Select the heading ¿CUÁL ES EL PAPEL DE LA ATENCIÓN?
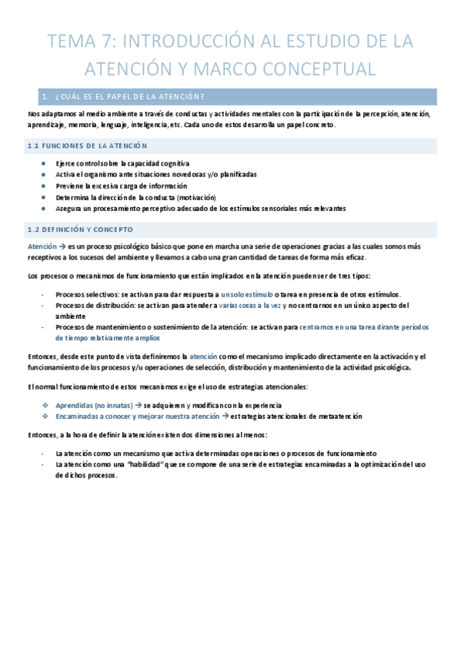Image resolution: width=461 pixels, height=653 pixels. [134, 96]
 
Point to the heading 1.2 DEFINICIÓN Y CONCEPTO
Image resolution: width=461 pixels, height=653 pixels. [80, 229]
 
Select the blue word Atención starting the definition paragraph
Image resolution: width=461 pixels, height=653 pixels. [41, 246]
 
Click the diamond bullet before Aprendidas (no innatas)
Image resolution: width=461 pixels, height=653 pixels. [48, 405]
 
